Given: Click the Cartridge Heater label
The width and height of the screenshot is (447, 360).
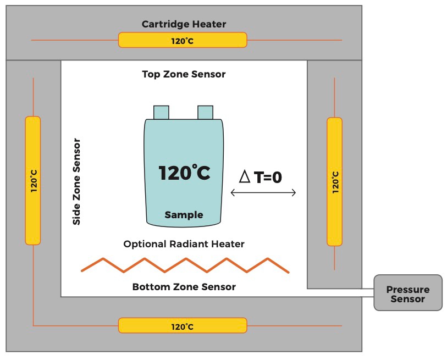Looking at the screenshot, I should [184, 24].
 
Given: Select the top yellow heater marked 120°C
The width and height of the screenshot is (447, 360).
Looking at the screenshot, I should [183, 40].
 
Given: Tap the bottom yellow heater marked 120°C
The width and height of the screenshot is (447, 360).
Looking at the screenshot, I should [183, 325].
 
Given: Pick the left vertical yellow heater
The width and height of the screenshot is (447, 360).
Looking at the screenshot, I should [33, 180].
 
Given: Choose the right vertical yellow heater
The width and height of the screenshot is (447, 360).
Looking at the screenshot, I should [335, 181].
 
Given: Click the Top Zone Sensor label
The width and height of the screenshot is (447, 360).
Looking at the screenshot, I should [184, 74].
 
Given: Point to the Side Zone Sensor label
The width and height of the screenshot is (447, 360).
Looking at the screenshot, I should [77, 181].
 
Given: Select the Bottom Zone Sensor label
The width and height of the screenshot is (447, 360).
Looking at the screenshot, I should [184, 287].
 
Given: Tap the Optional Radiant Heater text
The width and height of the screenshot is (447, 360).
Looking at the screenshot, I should [184, 244].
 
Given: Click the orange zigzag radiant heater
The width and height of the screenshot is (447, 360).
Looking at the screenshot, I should [185, 265].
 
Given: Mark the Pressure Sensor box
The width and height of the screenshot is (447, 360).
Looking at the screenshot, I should [407, 293].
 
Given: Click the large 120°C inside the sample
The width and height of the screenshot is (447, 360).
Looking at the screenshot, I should [184, 173].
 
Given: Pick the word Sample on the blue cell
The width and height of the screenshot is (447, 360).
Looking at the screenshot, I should [184, 215].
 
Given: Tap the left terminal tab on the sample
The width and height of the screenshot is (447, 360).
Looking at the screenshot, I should [161, 112].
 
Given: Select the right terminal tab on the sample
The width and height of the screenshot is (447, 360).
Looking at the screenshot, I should [205, 112].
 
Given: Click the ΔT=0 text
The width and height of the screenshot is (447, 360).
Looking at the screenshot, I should [261, 176].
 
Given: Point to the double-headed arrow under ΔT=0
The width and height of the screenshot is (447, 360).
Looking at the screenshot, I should [263, 193].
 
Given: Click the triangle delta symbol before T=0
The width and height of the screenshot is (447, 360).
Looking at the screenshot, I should [245, 176].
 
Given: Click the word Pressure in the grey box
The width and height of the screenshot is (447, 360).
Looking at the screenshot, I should [407, 290].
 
